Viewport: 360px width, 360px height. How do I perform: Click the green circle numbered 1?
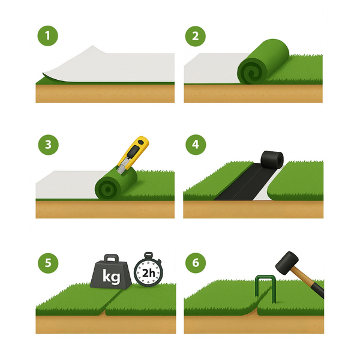point(48,36)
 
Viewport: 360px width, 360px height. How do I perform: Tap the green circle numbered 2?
point(196,36)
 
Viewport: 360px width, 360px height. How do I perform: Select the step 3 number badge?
point(48,145)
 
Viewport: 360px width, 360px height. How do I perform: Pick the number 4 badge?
point(196,145)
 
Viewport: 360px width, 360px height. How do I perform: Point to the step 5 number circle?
point(48,263)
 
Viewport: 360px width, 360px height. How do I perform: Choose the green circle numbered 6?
point(196,263)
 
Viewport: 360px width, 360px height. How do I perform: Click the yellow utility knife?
point(133,155)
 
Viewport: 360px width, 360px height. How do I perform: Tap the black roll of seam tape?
point(272,160)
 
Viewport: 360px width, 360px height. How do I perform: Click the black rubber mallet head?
point(287,263)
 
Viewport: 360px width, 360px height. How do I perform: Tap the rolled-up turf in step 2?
point(263,62)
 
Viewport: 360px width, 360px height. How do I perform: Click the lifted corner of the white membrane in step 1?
point(44,74)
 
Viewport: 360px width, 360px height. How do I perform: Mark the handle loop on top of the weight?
point(112,257)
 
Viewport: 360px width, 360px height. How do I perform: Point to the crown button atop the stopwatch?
point(148,255)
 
